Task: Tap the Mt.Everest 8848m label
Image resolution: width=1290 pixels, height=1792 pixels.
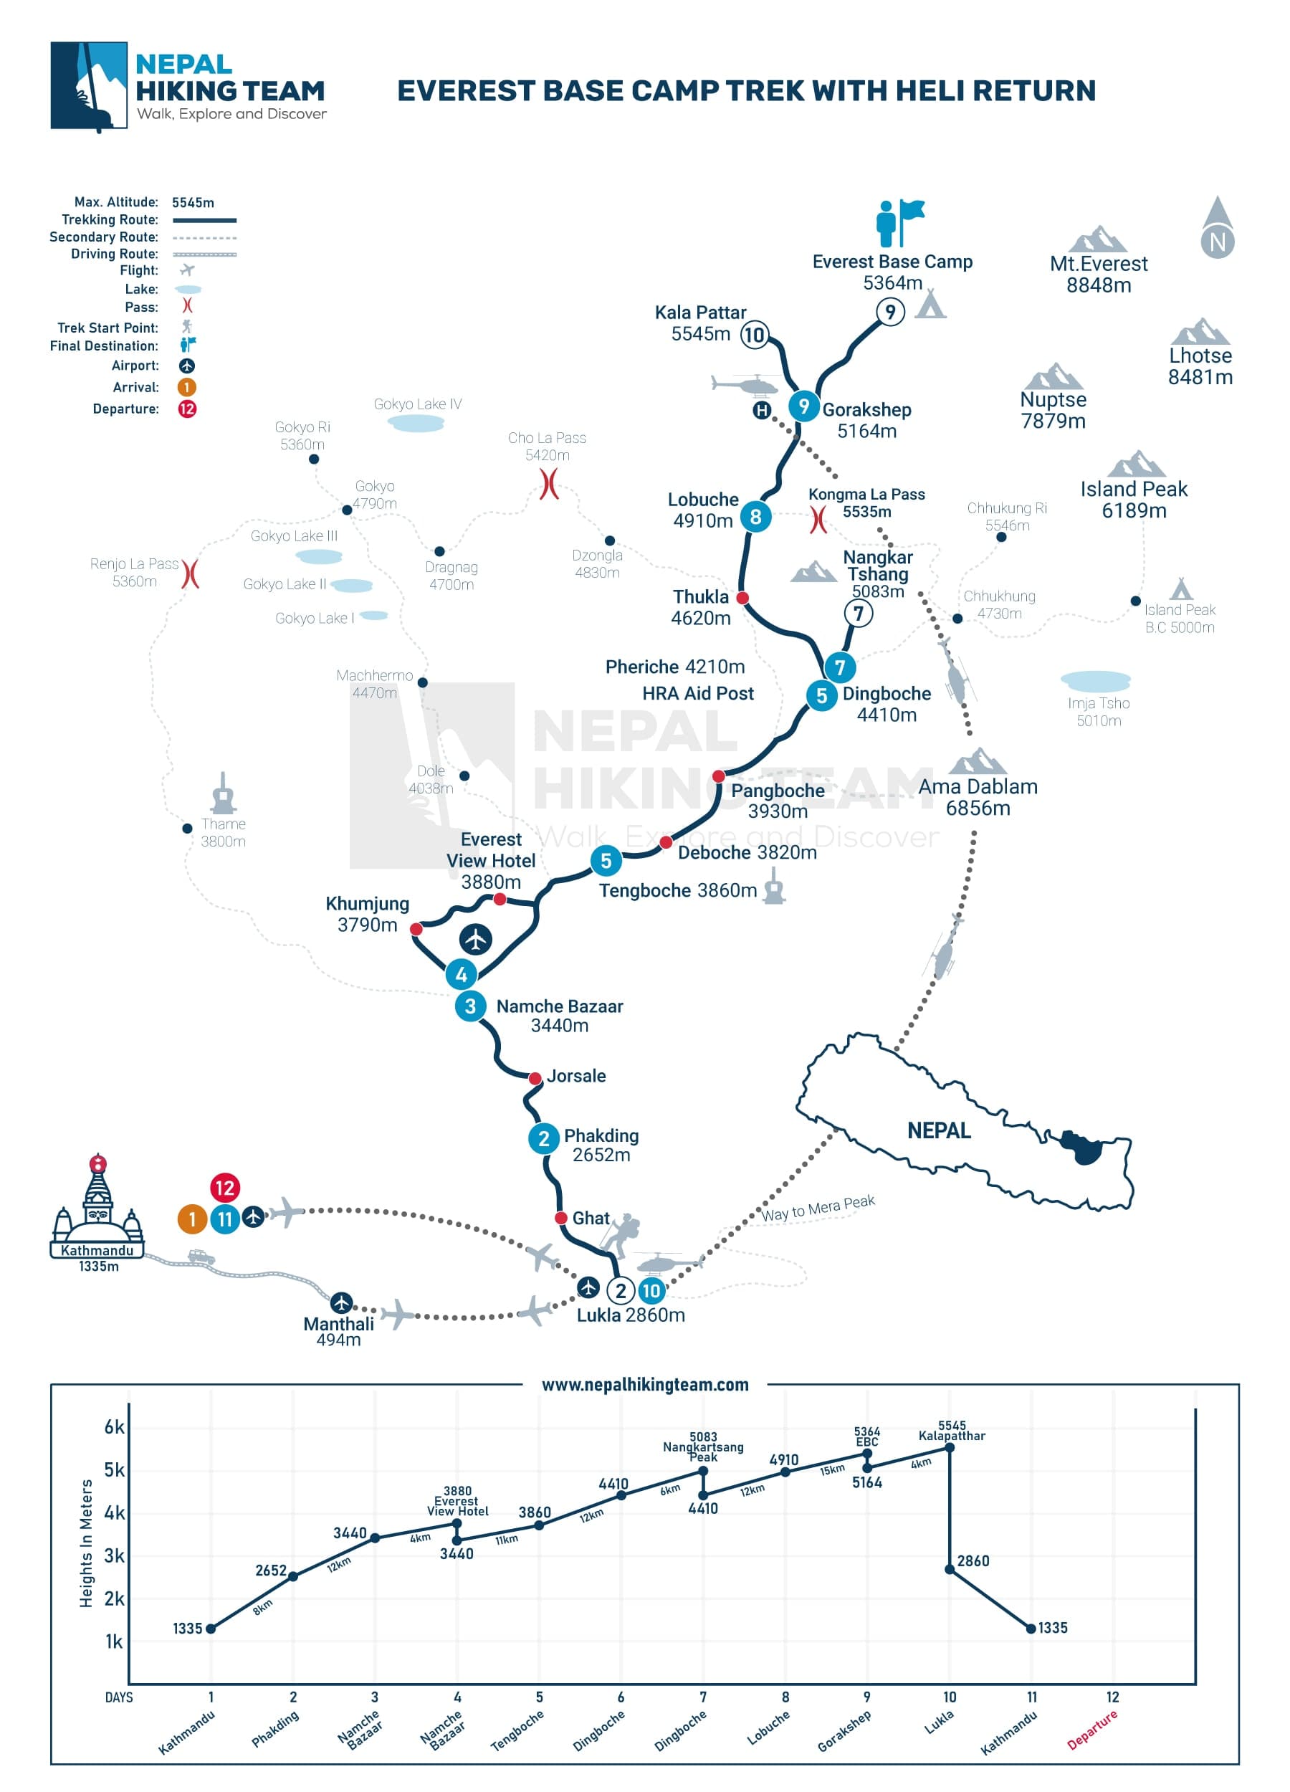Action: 1098,274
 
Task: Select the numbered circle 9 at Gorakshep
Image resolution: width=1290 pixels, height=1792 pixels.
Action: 803,406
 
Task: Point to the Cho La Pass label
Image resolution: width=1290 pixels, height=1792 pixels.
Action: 547,447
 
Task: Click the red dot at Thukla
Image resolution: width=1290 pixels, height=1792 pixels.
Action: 742,598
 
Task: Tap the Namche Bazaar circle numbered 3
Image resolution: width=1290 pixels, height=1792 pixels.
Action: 470,1006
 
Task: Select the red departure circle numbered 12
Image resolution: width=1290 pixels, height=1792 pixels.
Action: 224,1188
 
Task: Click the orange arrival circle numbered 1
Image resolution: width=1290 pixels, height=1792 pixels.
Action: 191,1219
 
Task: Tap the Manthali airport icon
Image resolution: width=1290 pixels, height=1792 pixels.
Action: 340,1302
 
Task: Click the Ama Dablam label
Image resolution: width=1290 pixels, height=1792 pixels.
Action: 978,797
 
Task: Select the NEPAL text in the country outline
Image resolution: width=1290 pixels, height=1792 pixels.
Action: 937,1130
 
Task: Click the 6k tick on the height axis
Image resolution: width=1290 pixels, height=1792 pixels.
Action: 114,1427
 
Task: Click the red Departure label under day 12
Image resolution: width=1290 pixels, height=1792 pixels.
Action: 1091,1730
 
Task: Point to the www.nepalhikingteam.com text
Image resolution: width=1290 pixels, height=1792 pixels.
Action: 644,1384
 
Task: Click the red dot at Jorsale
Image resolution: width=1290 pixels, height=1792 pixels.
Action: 535,1079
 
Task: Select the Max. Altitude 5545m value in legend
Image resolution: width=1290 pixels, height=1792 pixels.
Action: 193,202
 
